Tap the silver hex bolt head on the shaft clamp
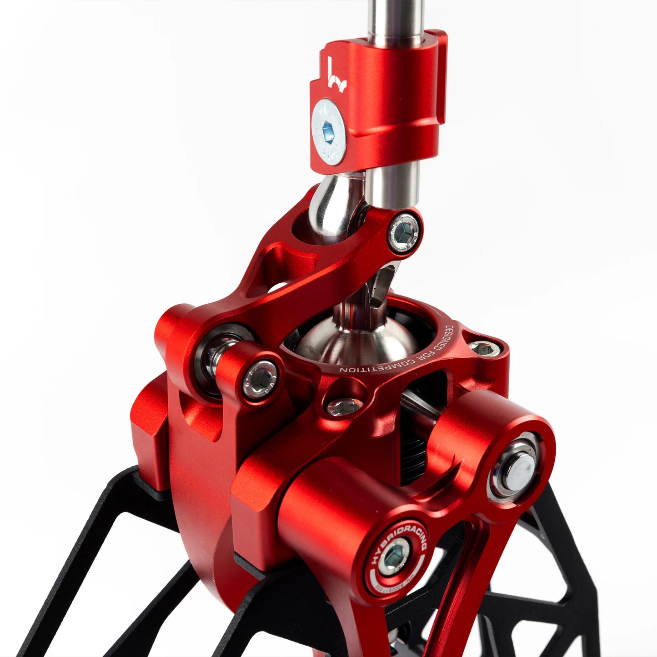click(329, 132)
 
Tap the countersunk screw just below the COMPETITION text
click(344, 406)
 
